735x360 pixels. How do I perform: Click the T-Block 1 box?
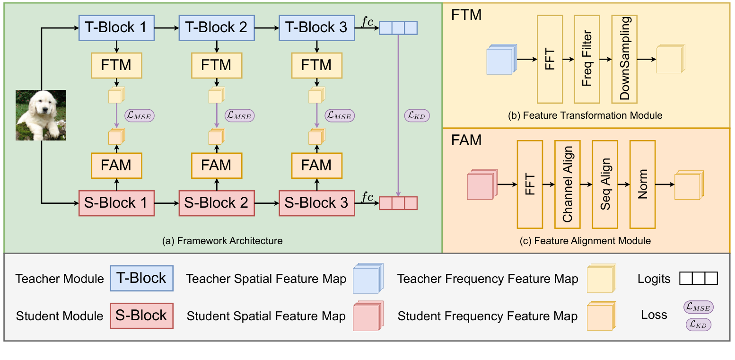116,28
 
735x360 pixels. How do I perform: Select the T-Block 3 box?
317,28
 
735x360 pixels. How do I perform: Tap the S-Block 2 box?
217,203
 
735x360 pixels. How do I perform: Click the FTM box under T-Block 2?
217,65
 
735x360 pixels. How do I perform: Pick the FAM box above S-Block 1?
116,166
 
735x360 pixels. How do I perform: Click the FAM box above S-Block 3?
317,166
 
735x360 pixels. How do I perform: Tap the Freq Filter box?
586,59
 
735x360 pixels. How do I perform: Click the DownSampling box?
624,59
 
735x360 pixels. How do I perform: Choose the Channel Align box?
567,184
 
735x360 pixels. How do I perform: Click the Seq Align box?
605,184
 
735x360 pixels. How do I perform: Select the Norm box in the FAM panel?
642,184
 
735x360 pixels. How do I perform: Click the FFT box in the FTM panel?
550,59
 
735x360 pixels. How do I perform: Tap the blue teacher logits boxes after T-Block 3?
398,28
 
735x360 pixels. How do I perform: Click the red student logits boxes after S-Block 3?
398,203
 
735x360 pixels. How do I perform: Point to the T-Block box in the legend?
141,278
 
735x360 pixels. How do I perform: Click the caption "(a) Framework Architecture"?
222,241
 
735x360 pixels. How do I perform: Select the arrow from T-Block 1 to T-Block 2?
166,28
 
